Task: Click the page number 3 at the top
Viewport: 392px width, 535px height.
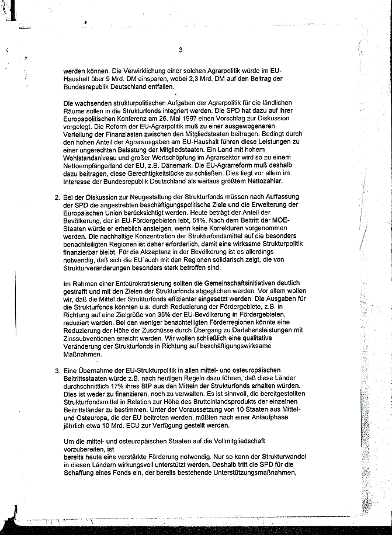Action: pos(181,50)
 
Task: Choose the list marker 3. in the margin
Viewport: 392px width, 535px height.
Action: pos(57,371)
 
